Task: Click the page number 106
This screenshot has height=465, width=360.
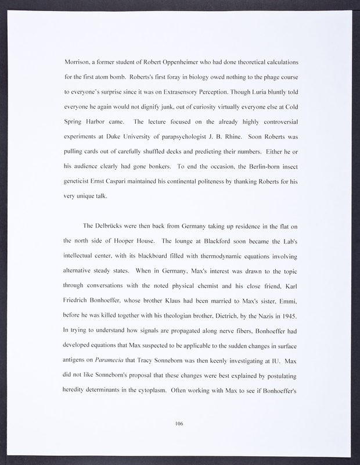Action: [179, 424]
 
